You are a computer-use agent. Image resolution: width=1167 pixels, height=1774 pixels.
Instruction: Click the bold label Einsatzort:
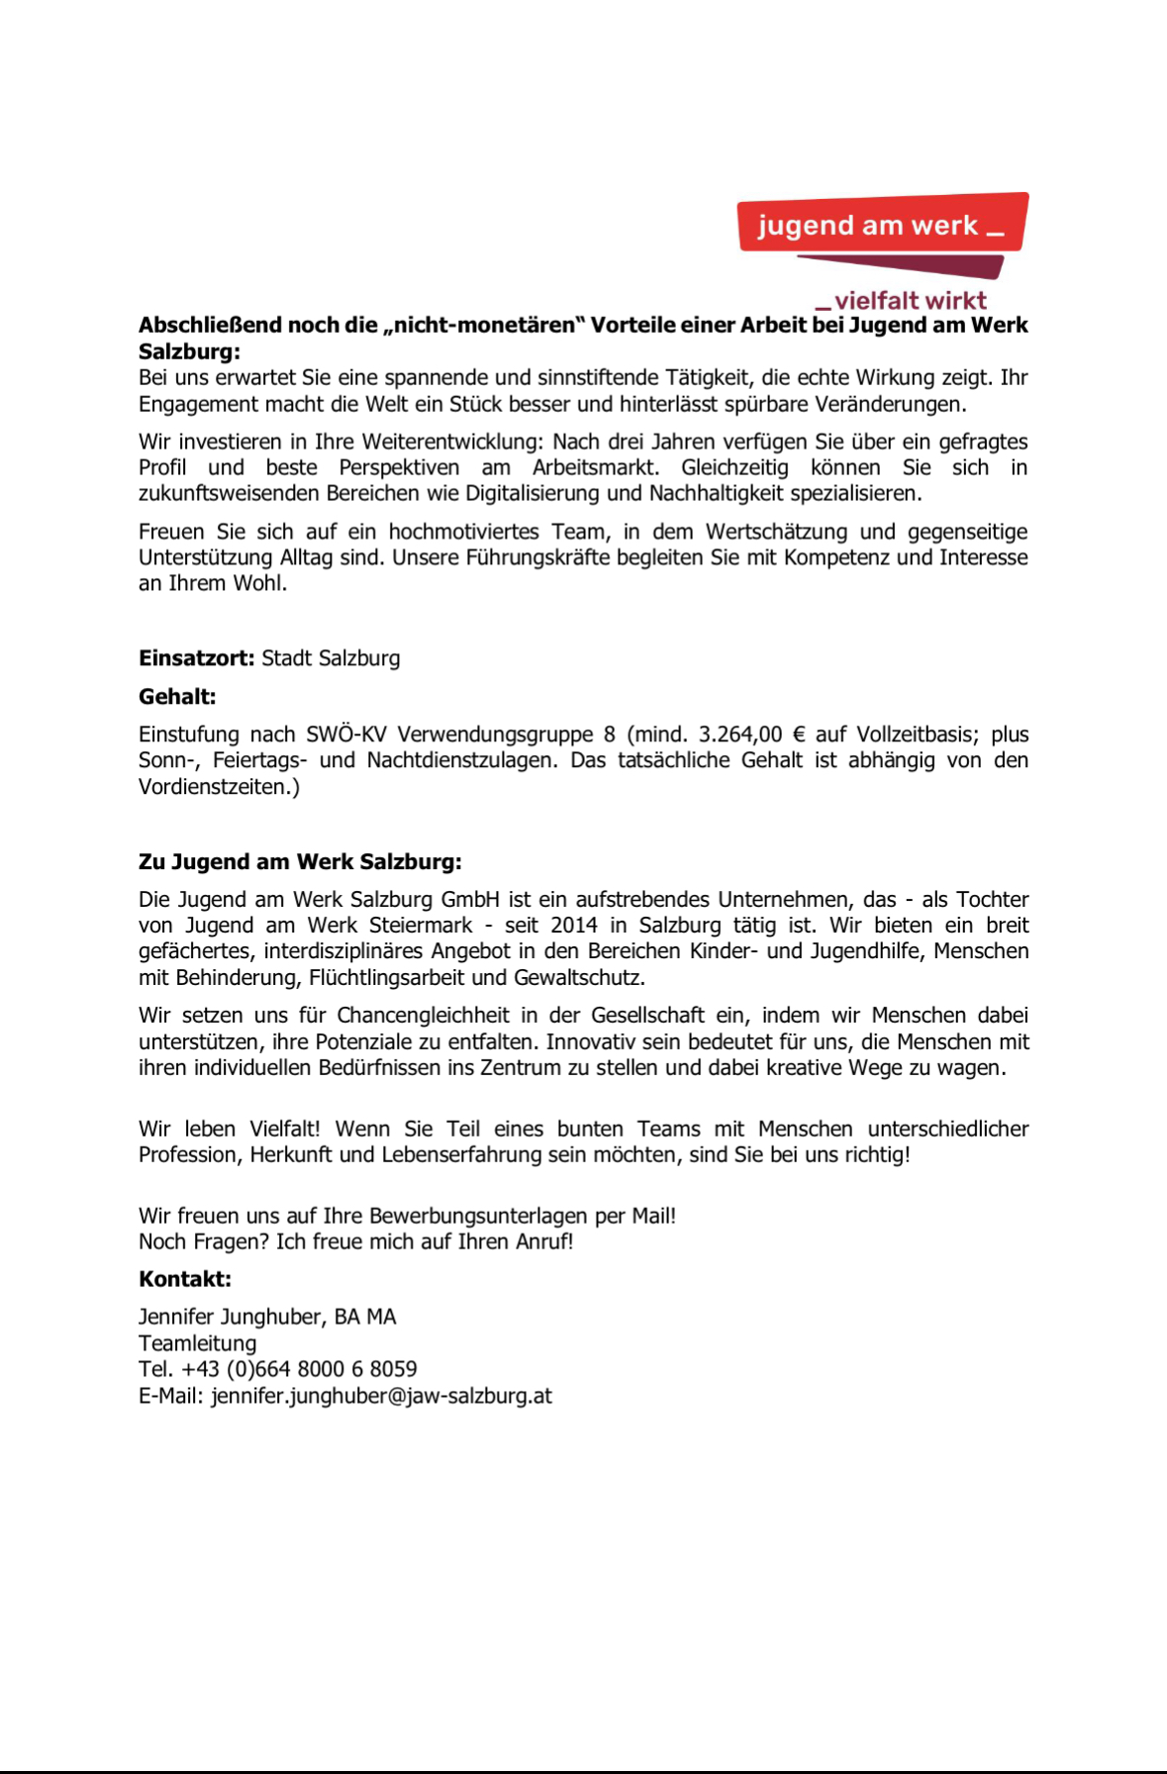pyautogui.click(x=196, y=658)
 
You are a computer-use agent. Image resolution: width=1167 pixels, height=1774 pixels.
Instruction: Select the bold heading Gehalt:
pyautogui.click(x=177, y=697)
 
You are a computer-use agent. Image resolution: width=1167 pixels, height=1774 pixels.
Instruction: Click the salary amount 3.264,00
pyautogui.click(x=739, y=735)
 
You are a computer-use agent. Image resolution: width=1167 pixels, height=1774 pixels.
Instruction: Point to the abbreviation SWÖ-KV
pyautogui.click(x=345, y=735)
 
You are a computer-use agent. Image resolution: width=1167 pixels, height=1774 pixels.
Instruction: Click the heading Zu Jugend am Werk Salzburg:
pyautogui.click(x=300, y=861)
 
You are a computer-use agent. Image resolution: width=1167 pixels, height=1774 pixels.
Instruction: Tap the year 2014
pyautogui.click(x=574, y=925)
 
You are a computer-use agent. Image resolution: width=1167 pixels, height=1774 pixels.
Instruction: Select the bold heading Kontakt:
pyautogui.click(x=185, y=1279)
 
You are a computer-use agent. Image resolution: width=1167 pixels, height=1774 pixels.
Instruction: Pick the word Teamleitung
pyautogui.click(x=197, y=1343)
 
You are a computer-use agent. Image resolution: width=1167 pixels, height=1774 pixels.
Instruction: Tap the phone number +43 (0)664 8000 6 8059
pyautogui.click(x=299, y=1369)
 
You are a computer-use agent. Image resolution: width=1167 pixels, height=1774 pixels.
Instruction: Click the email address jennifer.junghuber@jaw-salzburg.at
pyautogui.click(x=381, y=1396)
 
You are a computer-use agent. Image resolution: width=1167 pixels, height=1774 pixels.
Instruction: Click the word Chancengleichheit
pyautogui.click(x=423, y=1016)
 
